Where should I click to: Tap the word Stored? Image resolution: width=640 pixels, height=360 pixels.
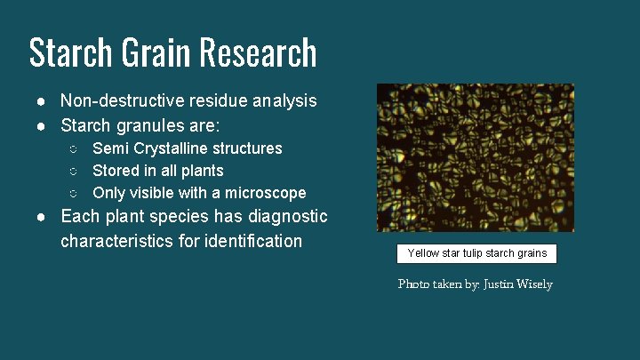[x=116, y=171]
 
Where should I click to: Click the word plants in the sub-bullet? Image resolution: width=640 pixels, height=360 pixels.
[x=203, y=171]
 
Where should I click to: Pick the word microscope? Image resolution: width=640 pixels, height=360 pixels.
[x=266, y=193]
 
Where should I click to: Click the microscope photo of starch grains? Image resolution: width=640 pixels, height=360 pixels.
[x=476, y=157]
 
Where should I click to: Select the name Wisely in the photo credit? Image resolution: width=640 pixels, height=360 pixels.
[x=533, y=284]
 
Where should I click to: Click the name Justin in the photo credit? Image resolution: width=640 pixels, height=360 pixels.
[x=498, y=284]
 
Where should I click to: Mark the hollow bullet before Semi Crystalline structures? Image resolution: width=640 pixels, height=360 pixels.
[x=76, y=148]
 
